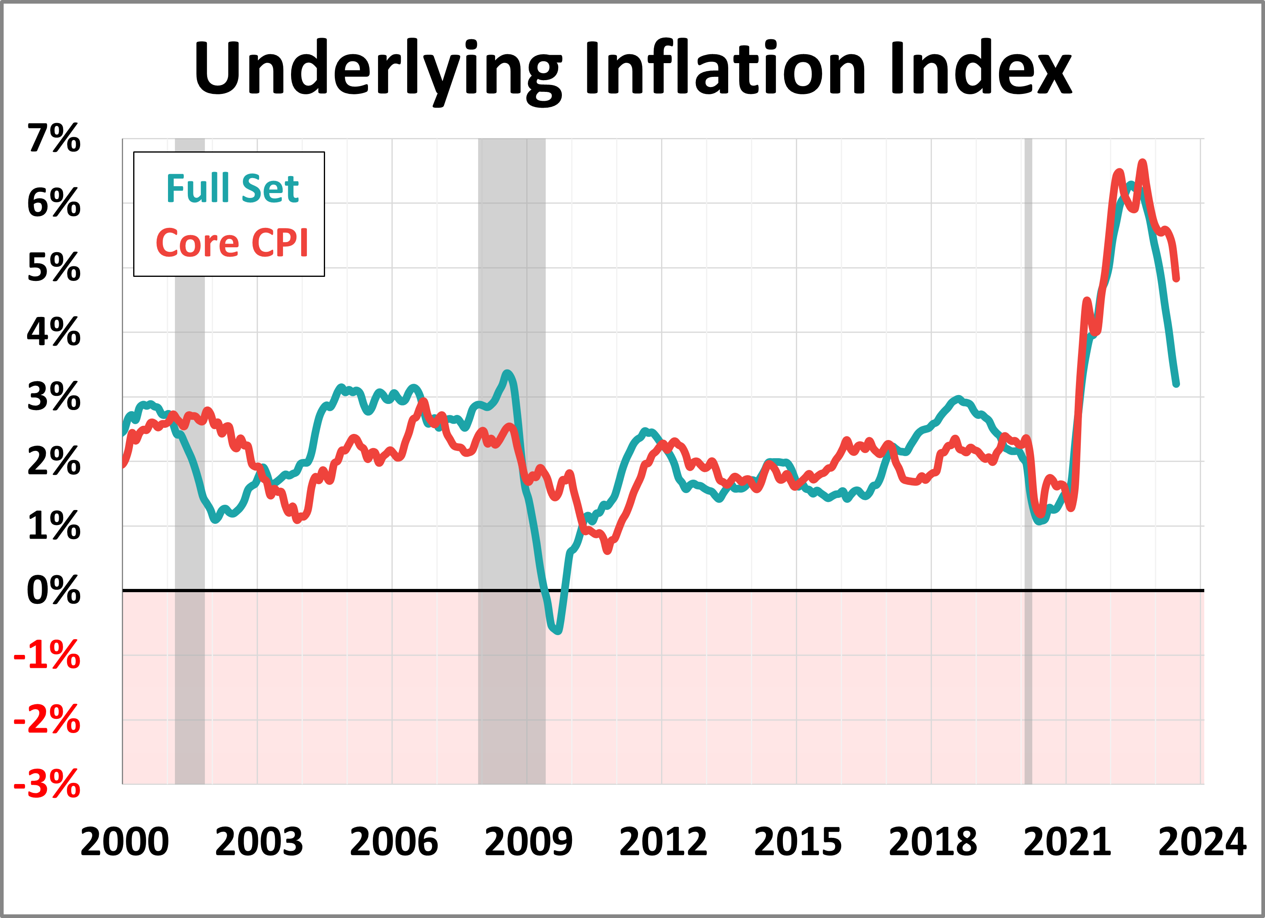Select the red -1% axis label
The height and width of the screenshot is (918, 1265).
pos(47,655)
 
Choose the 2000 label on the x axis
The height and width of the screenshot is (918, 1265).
pos(124,842)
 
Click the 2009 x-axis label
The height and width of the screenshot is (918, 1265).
pos(528,842)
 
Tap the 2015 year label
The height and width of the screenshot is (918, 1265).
pos(797,842)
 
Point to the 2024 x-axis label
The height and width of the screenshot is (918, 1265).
pos(1202,842)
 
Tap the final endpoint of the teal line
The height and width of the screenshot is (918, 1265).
pos(1176,384)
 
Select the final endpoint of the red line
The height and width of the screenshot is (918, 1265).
pos(1176,278)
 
